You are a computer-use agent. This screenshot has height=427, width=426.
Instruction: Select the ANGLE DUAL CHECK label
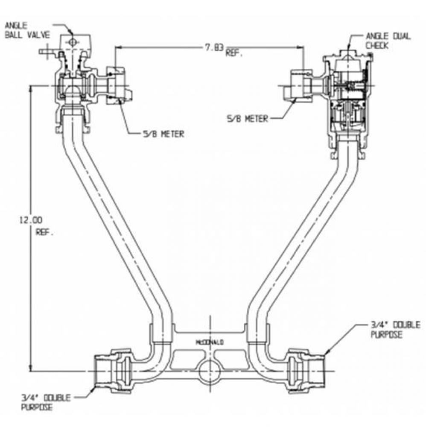388,41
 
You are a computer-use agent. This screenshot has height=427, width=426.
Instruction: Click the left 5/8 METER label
164,134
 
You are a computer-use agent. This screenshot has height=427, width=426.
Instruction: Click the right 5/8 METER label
248,119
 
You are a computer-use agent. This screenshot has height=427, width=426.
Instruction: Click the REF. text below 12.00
44,233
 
